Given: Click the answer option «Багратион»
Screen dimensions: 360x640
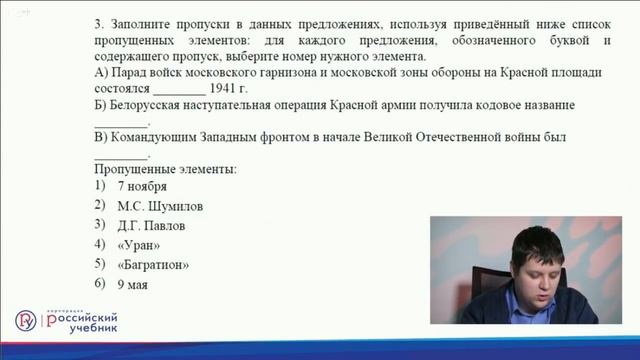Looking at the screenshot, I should click(x=153, y=265).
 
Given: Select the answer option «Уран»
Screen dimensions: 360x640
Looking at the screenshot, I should click(x=138, y=245).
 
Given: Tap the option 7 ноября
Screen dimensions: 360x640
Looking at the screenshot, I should click(x=141, y=186).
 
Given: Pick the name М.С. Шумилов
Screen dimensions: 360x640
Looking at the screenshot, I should click(x=160, y=206).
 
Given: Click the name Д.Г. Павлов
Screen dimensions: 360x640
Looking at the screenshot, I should click(x=151, y=226).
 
